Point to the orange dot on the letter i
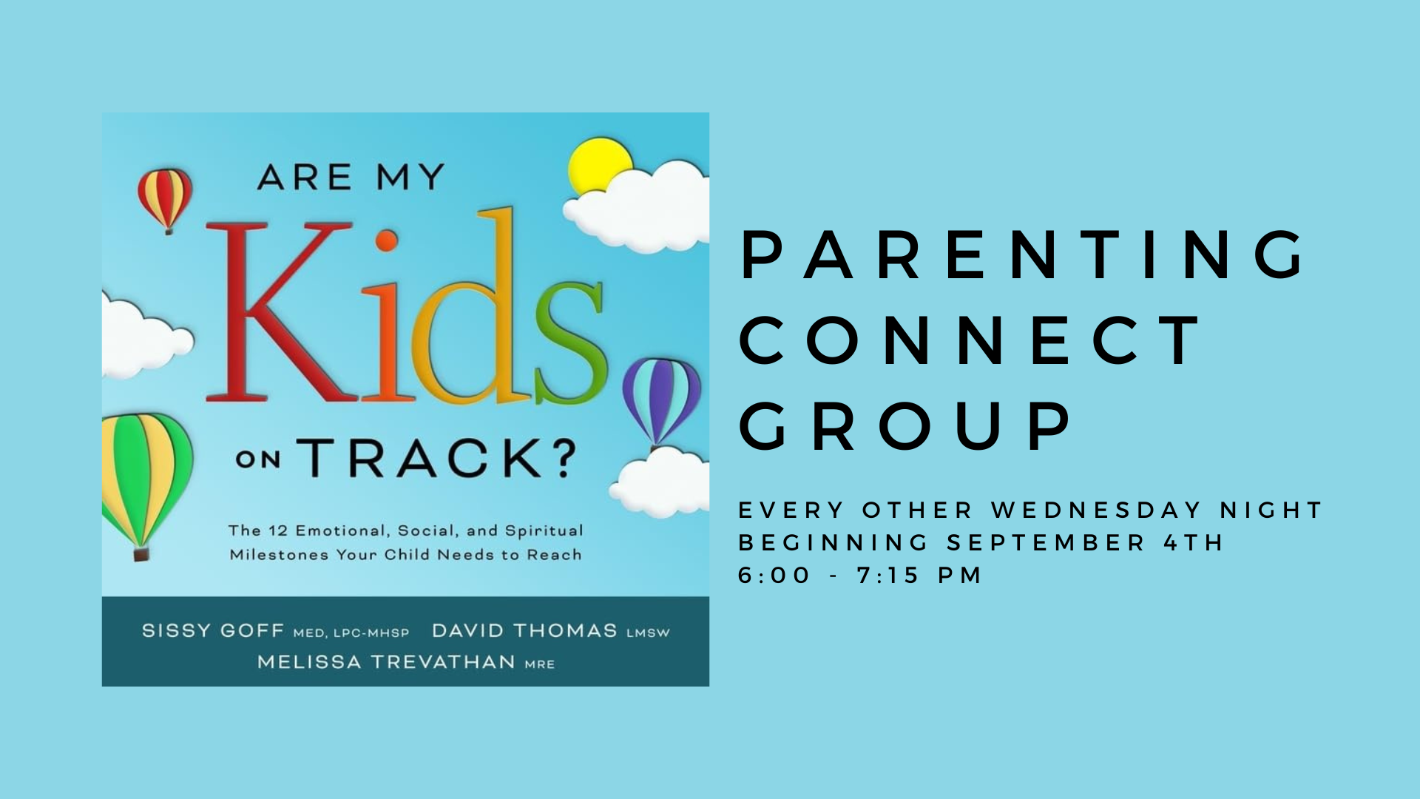click(x=386, y=240)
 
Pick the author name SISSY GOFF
click(x=213, y=631)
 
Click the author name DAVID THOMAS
click(x=524, y=631)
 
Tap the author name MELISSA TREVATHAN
click(x=386, y=662)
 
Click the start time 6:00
click(x=774, y=576)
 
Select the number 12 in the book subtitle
click(x=278, y=530)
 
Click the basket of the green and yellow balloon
click(x=141, y=553)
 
